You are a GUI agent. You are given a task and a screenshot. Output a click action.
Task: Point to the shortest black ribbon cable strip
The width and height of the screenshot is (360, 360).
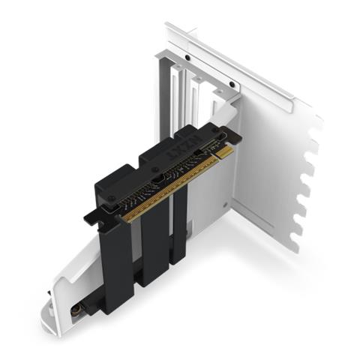tap(178, 229)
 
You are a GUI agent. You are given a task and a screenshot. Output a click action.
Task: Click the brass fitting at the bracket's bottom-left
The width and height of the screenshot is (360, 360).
tap(75, 307)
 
